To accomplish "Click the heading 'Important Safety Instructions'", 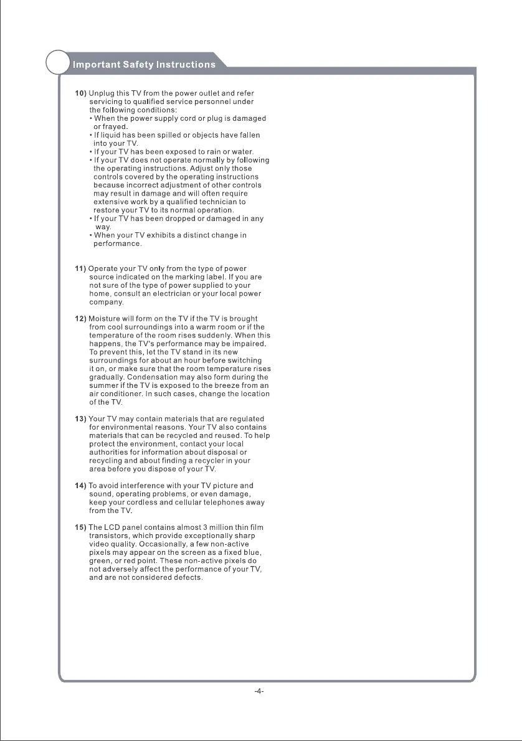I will (144, 64).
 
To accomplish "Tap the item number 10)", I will (81, 93).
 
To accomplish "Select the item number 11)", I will (81, 269).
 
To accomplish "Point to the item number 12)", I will (81, 319).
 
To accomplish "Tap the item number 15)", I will (81, 528).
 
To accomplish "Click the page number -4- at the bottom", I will (260, 692).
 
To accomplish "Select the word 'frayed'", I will (110, 126).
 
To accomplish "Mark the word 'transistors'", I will (111, 536).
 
